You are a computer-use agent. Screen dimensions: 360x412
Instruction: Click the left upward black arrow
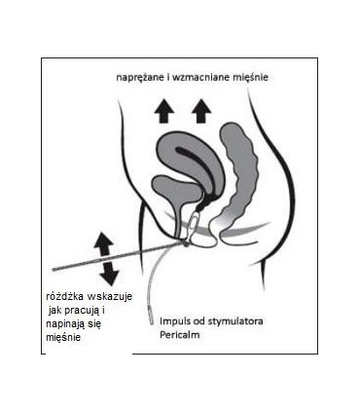click(x=163, y=110)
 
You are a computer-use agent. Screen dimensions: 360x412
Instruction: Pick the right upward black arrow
click(x=201, y=110)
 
